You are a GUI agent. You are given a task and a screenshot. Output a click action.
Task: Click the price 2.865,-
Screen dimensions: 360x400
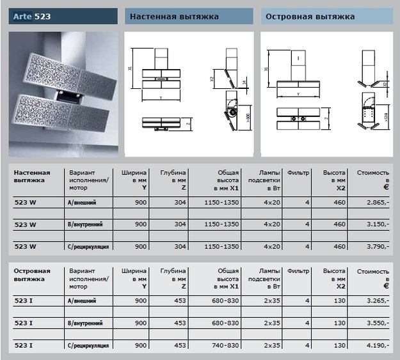(375, 202)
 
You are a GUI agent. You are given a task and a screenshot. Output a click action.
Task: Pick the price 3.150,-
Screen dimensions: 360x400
(375, 224)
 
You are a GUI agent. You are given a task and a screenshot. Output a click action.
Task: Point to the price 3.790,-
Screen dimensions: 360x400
(375, 246)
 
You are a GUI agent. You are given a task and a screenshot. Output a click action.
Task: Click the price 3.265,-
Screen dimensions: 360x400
(375, 301)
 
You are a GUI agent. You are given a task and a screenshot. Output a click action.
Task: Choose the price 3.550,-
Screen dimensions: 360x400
(375, 323)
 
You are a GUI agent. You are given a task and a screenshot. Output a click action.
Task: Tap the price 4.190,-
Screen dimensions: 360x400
(375, 345)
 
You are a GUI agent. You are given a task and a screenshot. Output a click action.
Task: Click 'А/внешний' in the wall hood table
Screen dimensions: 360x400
(83, 202)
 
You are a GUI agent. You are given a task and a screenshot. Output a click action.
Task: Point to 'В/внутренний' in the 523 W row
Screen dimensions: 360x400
(86, 224)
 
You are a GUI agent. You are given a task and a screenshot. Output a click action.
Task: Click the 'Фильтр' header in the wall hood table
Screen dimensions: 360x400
(299, 173)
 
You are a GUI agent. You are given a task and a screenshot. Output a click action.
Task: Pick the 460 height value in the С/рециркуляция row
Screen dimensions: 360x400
(339, 246)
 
